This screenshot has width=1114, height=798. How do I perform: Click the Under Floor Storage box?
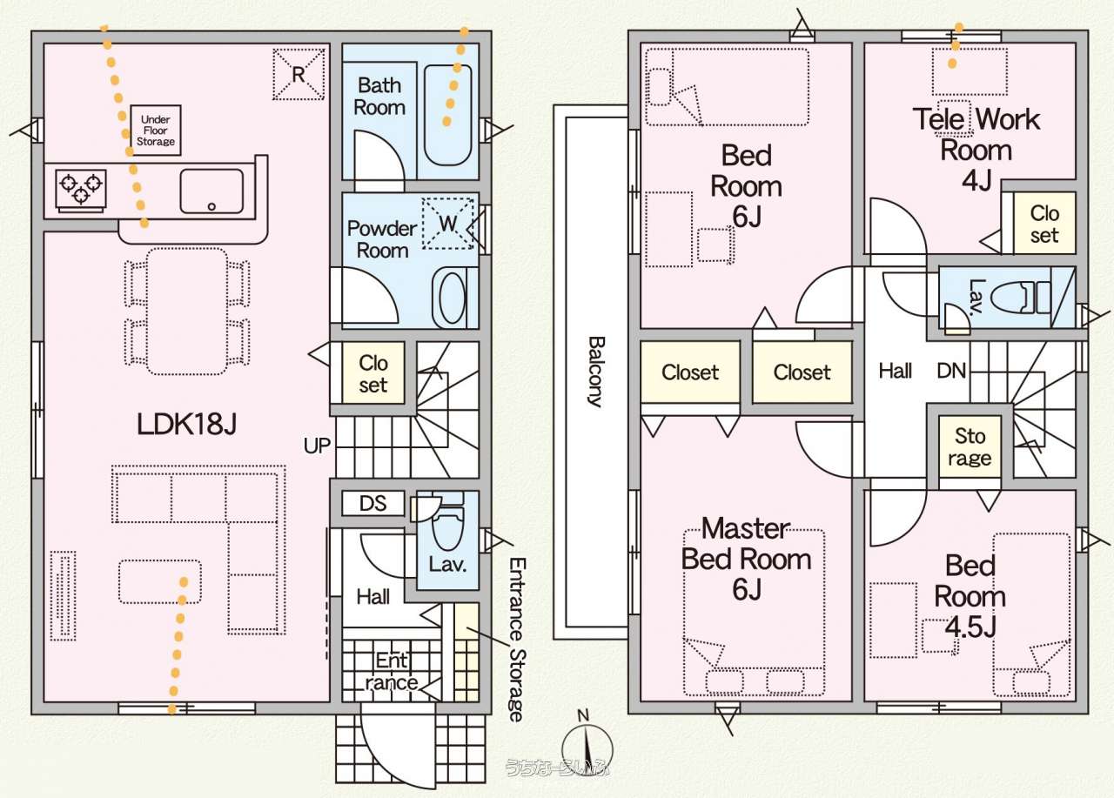coord(157,131)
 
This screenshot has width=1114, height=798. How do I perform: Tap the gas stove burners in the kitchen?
coord(81,188)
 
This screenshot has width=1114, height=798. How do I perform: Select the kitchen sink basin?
coord(211,190)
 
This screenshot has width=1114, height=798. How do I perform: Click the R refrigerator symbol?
coord(298,73)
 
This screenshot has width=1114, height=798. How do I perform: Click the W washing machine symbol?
coord(447,223)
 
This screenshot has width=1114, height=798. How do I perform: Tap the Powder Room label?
coord(382,239)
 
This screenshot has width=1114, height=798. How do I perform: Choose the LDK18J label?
coord(187,424)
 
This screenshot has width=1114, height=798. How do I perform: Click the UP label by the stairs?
coord(317,446)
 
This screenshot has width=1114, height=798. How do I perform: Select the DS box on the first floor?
coord(372,504)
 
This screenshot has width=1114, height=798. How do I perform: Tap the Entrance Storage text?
coord(516,640)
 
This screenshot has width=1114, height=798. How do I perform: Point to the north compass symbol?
coord(587,745)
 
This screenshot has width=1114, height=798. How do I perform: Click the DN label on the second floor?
coord(951,372)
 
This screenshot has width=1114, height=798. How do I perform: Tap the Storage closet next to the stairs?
coord(970,446)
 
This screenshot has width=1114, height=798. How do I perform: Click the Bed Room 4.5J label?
coord(970,596)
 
